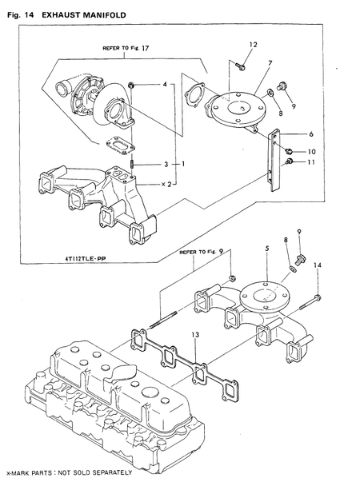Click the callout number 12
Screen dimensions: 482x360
253,44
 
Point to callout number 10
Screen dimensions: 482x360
312,151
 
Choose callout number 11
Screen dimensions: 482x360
312,162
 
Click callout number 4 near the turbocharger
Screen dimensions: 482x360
165,84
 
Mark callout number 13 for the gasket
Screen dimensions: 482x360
194,333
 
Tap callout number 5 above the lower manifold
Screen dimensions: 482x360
266,249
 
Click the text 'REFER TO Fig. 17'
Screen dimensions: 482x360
126,48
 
